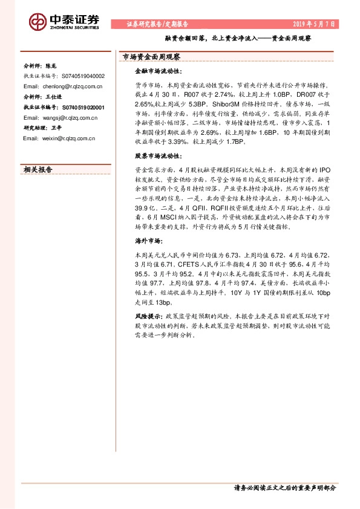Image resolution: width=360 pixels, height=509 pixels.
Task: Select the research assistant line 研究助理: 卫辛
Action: pyautogui.click(x=42, y=128)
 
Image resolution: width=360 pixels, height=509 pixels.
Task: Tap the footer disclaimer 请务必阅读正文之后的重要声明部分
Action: pyautogui.click(x=284, y=487)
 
